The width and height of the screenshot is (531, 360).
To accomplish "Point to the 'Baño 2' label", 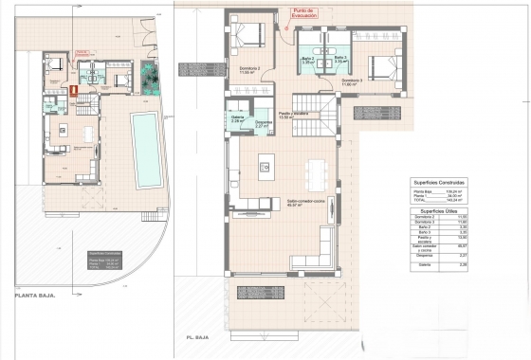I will (308, 59).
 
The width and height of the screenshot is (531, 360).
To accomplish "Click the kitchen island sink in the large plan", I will (265, 169).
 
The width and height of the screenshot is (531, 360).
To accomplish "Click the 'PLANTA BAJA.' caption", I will (35, 295).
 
